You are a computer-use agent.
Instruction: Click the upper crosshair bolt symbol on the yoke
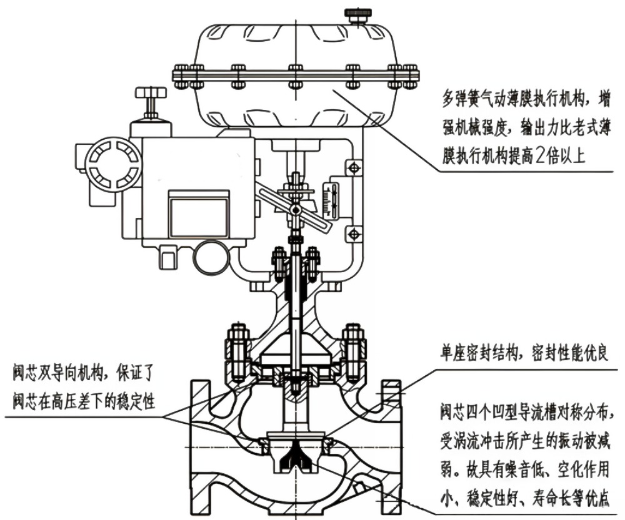[x=354, y=168]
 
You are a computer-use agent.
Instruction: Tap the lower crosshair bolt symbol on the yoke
[x=354, y=233]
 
